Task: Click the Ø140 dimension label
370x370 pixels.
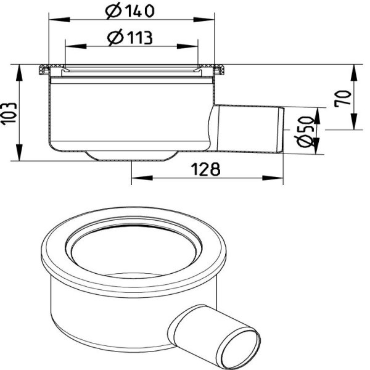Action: [x=129, y=10]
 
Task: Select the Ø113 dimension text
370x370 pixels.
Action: [x=129, y=38]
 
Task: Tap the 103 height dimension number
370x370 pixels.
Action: [x=9, y=113]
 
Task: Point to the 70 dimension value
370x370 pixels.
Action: [x=343, y=99]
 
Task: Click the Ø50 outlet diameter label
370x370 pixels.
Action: [x=304, y=131]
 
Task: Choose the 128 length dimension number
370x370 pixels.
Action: [x=205, y=169]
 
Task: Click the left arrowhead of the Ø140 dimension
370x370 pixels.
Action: [x=59, y=20]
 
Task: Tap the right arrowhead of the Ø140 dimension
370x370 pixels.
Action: [x=203, y=20]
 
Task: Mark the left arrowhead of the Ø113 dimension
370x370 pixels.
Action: [x=75, y=46]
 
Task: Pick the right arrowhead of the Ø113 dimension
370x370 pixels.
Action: [x=187, y=46]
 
